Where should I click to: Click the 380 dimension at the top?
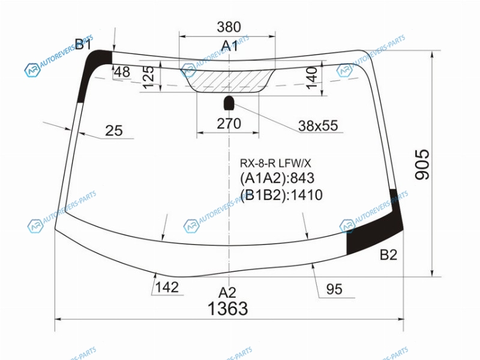[x=229, y=27]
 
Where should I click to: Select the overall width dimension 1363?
[x=228, y=308]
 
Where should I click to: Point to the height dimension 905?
[x=422, y=164]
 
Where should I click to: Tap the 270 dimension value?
[x=229, y=124]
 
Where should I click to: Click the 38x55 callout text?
[x=318, y=125]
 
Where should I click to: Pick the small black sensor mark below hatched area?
[x=229, y=103]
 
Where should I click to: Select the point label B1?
[x=83, y=44]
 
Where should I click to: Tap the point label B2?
[x=388, y=254]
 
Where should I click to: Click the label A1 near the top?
[x=229, y=46]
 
